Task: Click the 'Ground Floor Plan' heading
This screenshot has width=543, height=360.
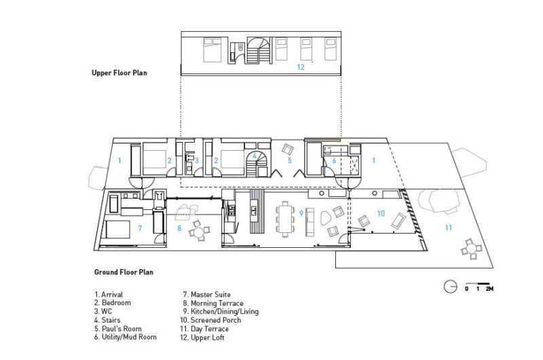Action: tap(124, 272)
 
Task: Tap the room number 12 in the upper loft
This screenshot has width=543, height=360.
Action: tap(301, 67)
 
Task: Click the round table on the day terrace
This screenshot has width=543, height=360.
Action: tap(469, 251)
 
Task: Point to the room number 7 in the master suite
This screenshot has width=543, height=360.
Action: tap(139, 228)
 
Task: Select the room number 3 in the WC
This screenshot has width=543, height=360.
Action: tap(196, 161)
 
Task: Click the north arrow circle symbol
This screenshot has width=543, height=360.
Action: tap(450, 287)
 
